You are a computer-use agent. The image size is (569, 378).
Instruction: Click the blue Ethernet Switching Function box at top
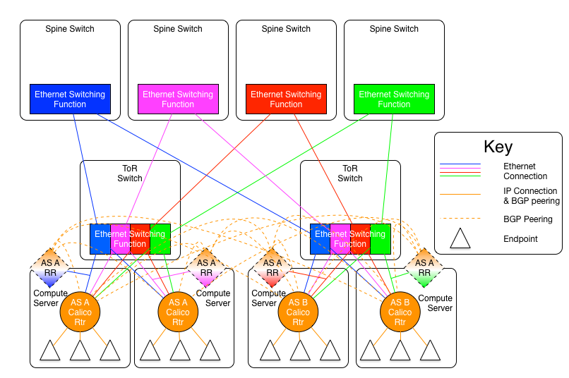click(x=70, y=99)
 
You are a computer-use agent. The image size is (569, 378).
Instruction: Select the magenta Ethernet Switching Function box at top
click(x=178, y=99)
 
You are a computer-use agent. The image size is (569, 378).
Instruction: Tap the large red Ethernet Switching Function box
click(x=286, y=99)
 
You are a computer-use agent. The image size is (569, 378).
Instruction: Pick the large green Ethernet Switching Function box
click(x=394, y=99)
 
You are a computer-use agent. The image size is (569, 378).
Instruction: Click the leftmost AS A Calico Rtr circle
click(x=80, y=312)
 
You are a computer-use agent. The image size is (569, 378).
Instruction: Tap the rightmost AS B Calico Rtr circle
click(x=400, y=312)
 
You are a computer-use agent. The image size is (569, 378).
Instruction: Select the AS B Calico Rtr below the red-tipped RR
click(x=298, y=312)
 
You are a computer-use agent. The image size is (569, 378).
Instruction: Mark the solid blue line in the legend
click(x=460, y=164)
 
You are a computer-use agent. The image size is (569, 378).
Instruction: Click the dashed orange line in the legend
click(x=460, y=219)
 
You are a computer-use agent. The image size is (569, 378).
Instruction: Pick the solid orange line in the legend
click(x=460, y=194)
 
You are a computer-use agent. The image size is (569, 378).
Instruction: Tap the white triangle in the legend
click(x=460, y=240)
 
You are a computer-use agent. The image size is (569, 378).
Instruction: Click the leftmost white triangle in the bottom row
click(x=50, y=351)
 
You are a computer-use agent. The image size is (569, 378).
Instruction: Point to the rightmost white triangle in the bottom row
click(x=430, y=351)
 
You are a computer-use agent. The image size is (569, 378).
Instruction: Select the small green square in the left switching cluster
click(x=161, y=239)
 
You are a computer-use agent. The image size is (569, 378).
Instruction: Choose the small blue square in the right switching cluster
click(x=319, y=239)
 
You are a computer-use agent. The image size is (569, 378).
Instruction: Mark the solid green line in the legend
click(x=460, y=175)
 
